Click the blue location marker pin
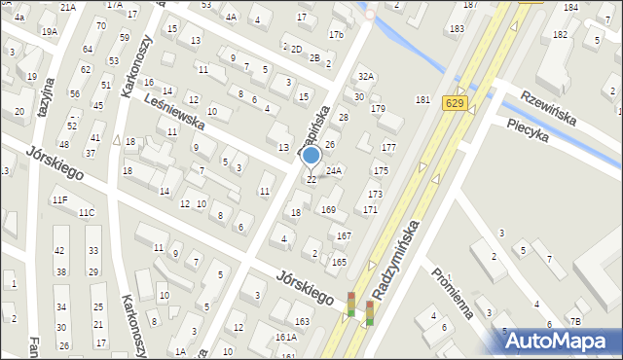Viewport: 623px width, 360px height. (311, 156)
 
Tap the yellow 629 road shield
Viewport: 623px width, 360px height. (453, 101)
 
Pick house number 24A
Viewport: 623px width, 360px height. (334, 170)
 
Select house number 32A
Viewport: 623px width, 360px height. (365, 76)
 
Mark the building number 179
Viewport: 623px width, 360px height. (378, 108)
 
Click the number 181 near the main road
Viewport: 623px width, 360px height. (422, 100)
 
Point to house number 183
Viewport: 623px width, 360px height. (457, 29)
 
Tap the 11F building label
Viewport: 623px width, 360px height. (60, 199)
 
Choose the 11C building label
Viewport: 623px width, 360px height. (87, 212)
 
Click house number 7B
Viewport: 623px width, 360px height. (575, 321)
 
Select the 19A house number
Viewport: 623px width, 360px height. (49, 32)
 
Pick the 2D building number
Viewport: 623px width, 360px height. (296, 49)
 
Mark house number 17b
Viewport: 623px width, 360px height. (336, 35)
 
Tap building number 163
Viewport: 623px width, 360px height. (303, 321)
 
